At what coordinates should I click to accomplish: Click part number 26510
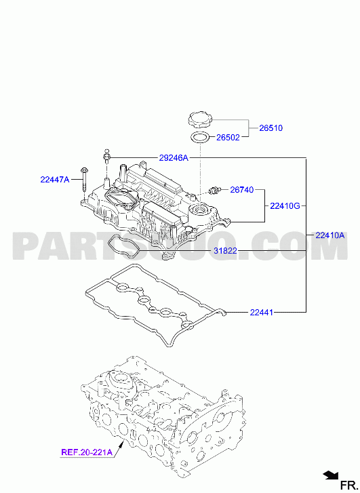click(x=271, y=128)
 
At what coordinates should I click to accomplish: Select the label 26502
click(x=228, y=138)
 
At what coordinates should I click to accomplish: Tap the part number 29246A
click(x=174, y=158)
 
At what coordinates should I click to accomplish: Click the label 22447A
click(x=55, y=180)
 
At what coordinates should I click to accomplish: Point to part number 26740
click(x=242, y=190)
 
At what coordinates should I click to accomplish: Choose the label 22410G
click(x=285, y=206)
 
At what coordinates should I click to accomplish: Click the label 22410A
click(x=329, y=235)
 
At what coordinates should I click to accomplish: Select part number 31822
click(x=226, y=251)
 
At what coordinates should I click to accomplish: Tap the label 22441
click(x=262, y=313)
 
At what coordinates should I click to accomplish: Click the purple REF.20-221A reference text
click(x=87, y=452)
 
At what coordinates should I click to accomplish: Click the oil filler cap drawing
click(x=201, y=121)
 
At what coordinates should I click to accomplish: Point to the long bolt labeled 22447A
click(x=85, y=180)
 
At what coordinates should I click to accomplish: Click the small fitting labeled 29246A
click(x=106, y=156)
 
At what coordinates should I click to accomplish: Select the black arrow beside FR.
click(x=330, y=475)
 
